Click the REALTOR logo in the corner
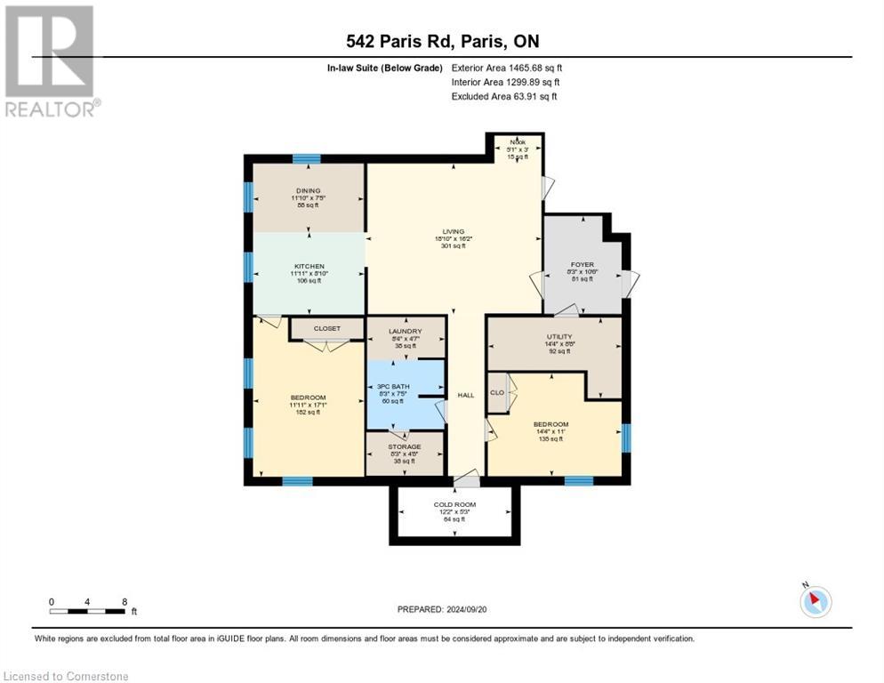coord(52,61)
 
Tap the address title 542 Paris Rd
coord(441,42)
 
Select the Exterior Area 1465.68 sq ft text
coord(506,68)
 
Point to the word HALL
coord(466,395)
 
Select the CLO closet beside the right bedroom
coord(497,392)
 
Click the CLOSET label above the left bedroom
coord(327,328)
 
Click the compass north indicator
coord(815,602)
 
